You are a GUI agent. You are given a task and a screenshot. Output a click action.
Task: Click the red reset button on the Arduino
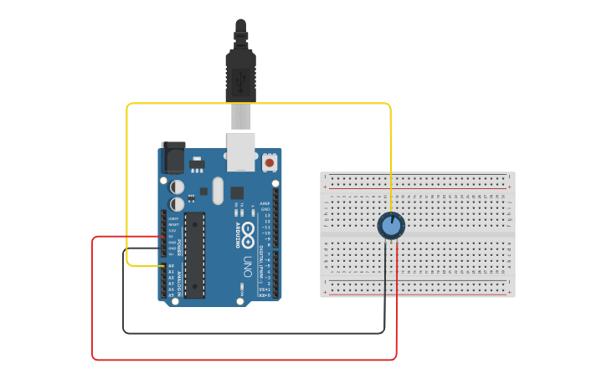pyautogui.click(x=270, y=161)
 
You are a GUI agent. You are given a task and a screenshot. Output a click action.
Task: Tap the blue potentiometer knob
pyautogui.click(x=391, y=225)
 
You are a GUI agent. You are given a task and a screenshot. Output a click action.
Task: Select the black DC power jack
pyautogui.click(x=173, y=158)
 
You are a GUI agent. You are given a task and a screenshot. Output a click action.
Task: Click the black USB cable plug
pyautogui.click(x=240, y=71)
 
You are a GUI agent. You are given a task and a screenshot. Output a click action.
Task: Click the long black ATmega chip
pyautogui.click(x=194, y=254)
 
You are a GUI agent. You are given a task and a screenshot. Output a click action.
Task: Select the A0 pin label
pyautogui.click(x=172, y=265)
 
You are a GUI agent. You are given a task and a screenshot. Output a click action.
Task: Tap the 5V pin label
pyautogui.click(x=172, y=236)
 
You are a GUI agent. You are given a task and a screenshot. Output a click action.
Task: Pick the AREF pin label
pyautogui.click(x=265, y=203)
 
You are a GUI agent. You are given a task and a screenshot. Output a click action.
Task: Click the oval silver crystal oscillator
pyautogui.click(x=219, y=190)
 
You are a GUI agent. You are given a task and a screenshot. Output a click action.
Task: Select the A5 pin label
pyautogui.click(x=172, y=294)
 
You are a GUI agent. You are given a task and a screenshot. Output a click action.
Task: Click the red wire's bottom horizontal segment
pyautogui.click(x=243, y=360)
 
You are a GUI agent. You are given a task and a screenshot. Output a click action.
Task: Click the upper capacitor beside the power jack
pyautogui.click(x=177, y=187)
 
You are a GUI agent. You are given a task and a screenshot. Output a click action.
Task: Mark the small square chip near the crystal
pyautogui.click(x=237, y=192)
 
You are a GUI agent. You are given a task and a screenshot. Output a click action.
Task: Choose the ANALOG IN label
pyautogui.click(x=178, y=280)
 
